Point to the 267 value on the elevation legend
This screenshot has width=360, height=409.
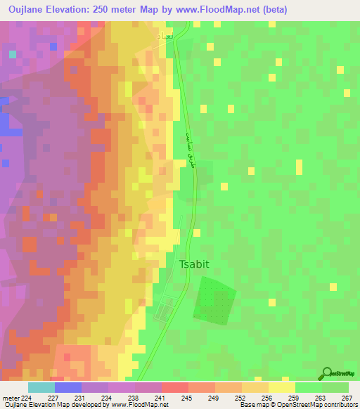(x=345, y=398)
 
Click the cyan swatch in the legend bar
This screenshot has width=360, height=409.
(x=41, y=387)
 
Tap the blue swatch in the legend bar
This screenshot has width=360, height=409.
(x=67, y=387)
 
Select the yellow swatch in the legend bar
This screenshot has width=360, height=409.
(x=281, y=387)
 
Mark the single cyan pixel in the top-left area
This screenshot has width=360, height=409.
(x=13, y=53)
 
